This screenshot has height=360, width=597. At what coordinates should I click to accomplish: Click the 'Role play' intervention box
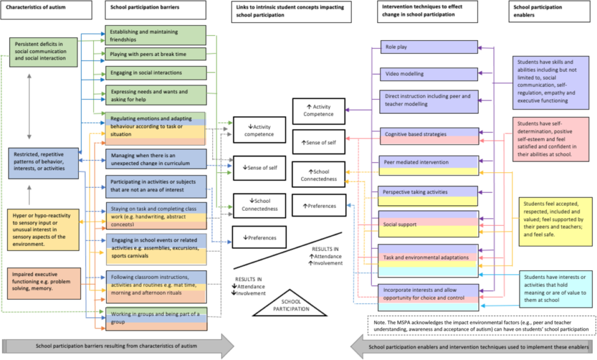pos(429,47)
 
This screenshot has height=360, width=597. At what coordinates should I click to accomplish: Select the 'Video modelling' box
pos(429,74)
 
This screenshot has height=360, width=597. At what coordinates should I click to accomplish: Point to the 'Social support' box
pos(429,224)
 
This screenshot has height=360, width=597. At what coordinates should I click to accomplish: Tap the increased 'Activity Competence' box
pos(318,110)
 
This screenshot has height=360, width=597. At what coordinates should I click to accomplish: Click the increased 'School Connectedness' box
pos(318,175)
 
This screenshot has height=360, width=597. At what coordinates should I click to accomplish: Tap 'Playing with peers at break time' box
pos(155,54)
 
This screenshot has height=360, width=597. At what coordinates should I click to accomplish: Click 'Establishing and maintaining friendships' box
pos(155,35)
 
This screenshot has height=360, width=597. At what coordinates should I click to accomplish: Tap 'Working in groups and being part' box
pos(155,318)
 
